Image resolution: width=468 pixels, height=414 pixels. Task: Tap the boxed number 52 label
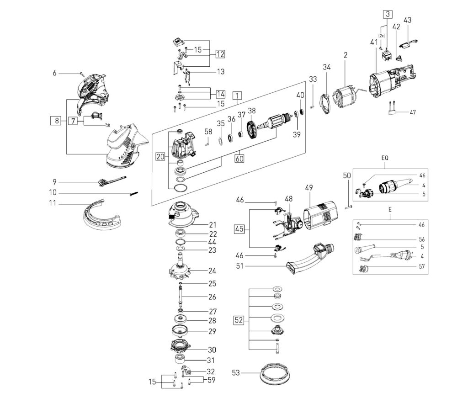tap(239, 320)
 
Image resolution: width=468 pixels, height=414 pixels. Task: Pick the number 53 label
tap(236, 373)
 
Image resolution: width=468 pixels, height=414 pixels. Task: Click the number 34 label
tap(326, 67)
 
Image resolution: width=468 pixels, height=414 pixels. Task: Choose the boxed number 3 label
tap(387, 14)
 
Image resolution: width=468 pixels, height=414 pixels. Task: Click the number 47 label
tap(413, 111)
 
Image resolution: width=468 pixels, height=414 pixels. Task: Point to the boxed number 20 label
tap(160, 157)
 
